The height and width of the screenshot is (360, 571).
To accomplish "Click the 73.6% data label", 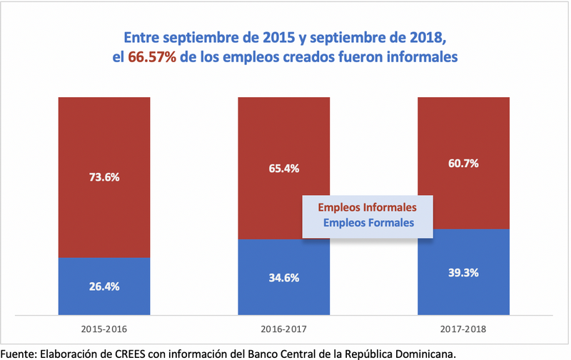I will (104, 178).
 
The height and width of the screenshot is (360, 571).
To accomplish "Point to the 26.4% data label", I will (104, 287).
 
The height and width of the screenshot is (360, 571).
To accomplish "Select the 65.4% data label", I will (283, 169).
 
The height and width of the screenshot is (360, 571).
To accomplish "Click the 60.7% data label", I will (463, 163).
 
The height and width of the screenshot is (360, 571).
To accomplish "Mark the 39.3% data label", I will (463, 272).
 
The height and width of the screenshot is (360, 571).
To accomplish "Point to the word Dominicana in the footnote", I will (426, 353).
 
